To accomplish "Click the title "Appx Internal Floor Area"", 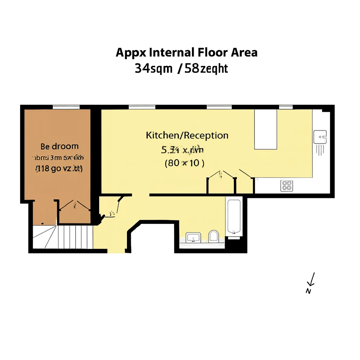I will tap(186, 52).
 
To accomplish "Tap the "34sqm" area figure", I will tap(153, 68).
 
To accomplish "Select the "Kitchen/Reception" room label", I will tap(187, 135).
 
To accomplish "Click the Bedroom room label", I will tap(59, 146).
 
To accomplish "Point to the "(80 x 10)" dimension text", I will tap(185, 163).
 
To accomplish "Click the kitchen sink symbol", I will tap(320, 137).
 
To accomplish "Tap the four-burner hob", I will tap(287, 185).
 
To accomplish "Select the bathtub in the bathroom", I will tap(234, 216).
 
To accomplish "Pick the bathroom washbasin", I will tap(193, 237).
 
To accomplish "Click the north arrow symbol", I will tap(311, 279).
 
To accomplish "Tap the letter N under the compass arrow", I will tap(308, 291).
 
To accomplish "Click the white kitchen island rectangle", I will tap(265, 129).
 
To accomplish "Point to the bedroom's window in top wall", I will tap(66, 107).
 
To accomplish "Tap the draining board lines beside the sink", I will tap(320, 150).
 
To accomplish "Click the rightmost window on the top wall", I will tap(286, 107).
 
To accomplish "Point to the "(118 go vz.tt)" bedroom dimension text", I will tap(59, 169).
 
